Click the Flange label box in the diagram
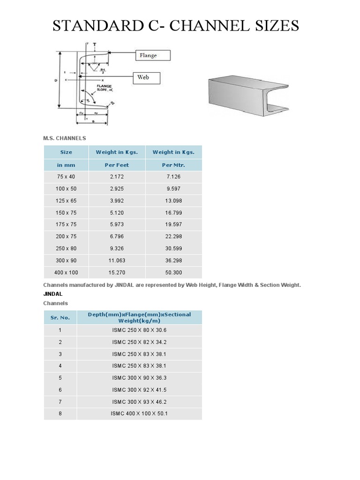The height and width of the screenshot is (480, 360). pos(153,55)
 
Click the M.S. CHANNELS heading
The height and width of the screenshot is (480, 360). pos(65,138)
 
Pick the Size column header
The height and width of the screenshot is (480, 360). pos(66,152)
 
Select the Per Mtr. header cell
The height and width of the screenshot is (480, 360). pos(173,165)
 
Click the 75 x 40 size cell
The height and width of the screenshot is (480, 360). pos(66,177)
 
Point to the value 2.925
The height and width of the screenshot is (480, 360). pos(116,188)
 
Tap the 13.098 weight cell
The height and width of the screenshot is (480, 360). pos(173,201)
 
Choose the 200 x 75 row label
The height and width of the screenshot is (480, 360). pos(66,236)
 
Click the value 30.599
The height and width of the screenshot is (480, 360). pos(173,248)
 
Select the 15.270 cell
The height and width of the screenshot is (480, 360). pos(116,272)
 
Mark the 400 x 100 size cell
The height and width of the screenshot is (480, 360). pos(66,272)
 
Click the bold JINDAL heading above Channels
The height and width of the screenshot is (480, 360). pos(52,294)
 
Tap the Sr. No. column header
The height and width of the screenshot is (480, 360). pos(60,317)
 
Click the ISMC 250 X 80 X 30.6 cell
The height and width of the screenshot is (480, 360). pos(139,330)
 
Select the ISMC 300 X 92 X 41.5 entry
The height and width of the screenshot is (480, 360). pos(139,390)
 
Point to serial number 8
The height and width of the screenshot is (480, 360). pos(60,413)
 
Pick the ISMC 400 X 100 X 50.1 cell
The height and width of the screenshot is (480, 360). pos(139,413)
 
